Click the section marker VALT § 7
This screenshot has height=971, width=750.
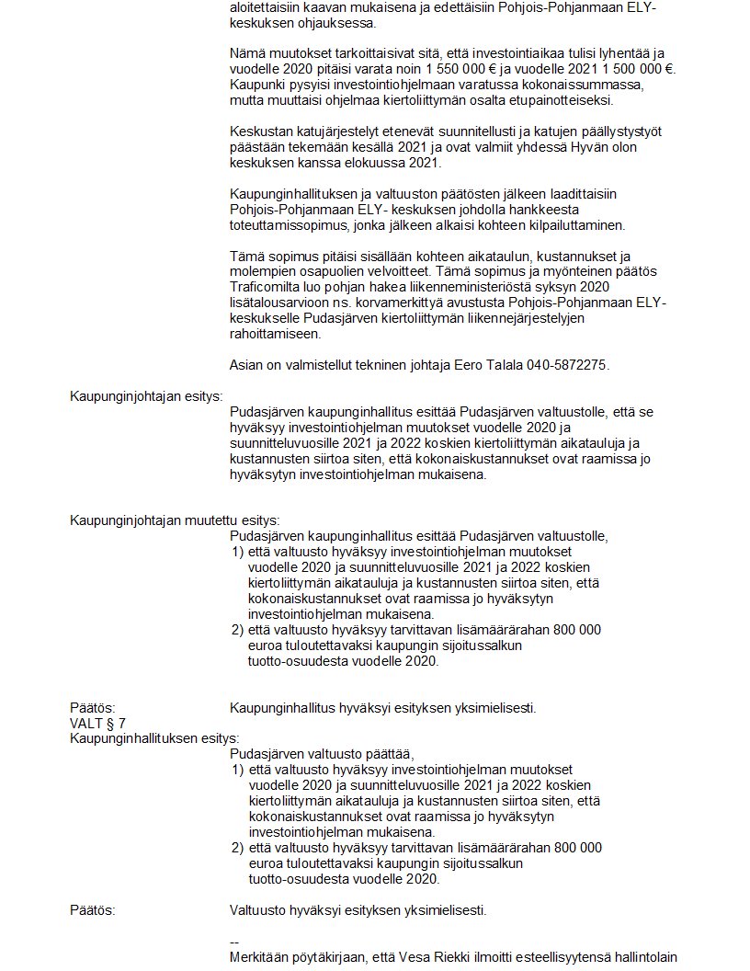tap(98, 723)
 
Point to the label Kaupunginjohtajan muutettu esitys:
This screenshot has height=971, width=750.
tap(175, 520)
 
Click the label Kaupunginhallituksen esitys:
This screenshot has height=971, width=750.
tap(154, 737)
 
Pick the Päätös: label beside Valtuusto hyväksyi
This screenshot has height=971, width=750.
tap(93, 910)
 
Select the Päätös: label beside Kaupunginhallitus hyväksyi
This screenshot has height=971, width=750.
tap(93, 708)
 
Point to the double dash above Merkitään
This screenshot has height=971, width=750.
tap(234, 942)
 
